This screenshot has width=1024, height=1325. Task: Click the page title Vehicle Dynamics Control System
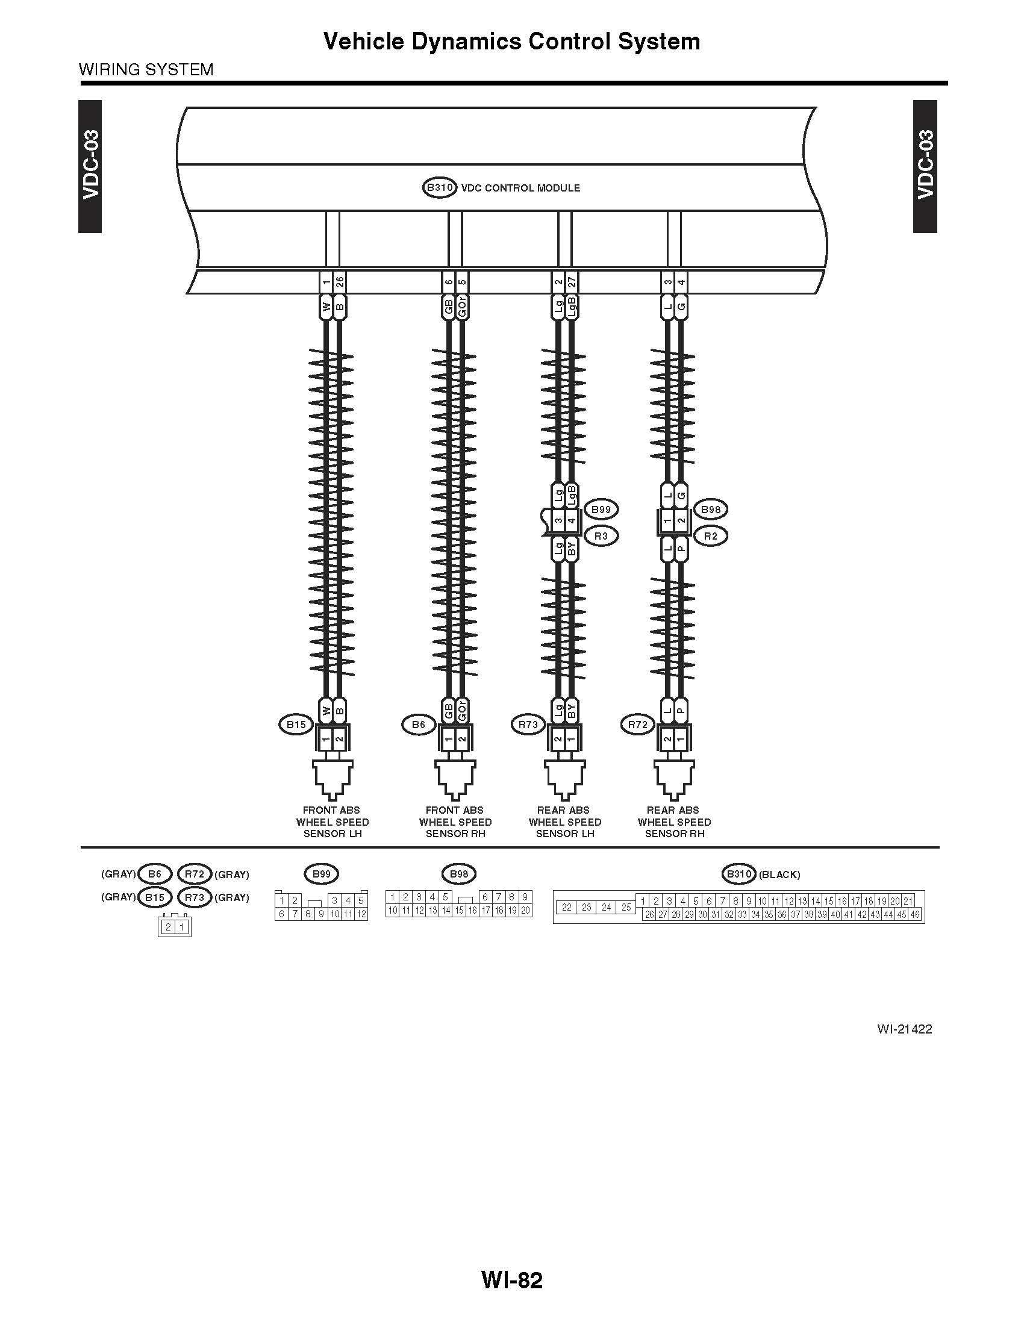pyautogui.click(x=512, y=41)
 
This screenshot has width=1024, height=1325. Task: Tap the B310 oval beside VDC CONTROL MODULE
pyautogui.click(x=439, y=187)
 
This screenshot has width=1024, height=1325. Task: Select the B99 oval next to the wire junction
pyautogui.click(x=601, y=510)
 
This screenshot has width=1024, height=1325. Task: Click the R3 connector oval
pyautogui.click(x=601, y=536)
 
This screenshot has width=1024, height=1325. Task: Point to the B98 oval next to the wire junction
pyautogui.click(x=711, y=510)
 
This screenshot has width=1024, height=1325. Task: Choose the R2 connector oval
pyautogui.click(x=710, y=536)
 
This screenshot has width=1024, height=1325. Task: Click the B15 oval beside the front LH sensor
pyautogui.click(x=296, y=725)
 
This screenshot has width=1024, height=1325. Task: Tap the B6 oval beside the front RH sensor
pyautogui.click(x=419, y=725)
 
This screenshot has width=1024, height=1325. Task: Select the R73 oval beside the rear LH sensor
pyautogui.click(x=528, y=725)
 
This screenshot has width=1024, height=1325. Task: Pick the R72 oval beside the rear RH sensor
pyautogui.click(x=638, y=725)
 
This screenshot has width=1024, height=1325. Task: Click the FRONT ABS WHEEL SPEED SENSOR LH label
pyautogui.click(x=332, y=822)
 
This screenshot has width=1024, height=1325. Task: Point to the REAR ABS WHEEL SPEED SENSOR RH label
pyautogui.click(x=674, y=822)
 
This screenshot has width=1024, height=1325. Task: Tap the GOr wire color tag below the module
pyautogui.click(x=462, y=307)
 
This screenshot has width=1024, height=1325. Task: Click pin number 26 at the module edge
pyautogui.click(x=340, y=282)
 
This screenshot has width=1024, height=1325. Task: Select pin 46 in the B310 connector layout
pyautogui.click(x=915, y=914)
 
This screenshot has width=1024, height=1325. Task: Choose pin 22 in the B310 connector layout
pyautogui.click(x=567, y=908)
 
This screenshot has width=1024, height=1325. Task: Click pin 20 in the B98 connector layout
pyautogui.click(x=525, y=910)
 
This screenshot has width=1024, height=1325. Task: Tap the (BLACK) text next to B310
pyautogui.click(x=779, y=874)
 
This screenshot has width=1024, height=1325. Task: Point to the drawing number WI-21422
pyautogui.click(x=905, y=1029)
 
